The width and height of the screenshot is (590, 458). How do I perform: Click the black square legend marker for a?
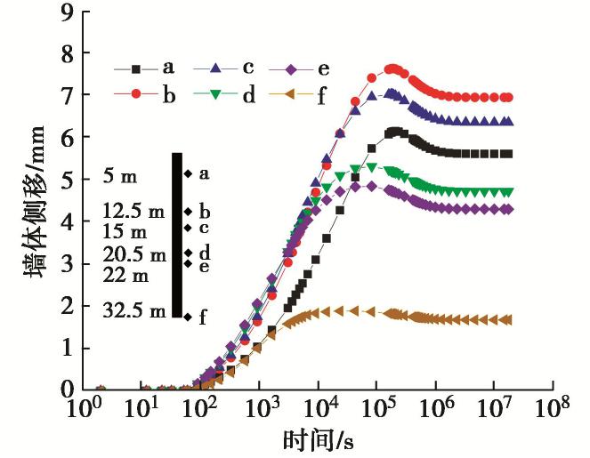tap(136, 68)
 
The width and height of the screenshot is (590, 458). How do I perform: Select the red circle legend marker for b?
tap(136, 94)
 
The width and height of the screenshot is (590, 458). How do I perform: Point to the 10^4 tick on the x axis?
tap(318, 409)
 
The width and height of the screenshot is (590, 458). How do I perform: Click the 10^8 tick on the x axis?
tap(553, 409)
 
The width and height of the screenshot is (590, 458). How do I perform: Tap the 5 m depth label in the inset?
tap(120, 176)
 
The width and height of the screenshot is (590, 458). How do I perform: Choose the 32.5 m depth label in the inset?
tap(133, 311)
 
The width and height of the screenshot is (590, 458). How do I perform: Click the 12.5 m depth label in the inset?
tap(133, 213)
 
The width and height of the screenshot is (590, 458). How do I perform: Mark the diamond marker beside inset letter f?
tap(188, 316)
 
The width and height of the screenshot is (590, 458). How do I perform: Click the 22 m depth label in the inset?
tap(126, 275)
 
